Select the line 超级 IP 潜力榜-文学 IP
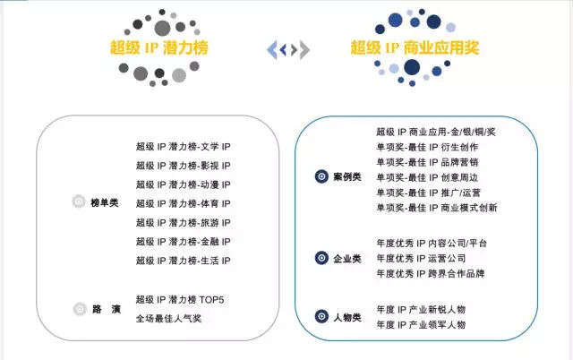[x=183, y=146]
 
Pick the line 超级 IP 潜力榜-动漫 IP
[x=183, y=184]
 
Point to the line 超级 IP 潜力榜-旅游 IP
[x=183, y=222]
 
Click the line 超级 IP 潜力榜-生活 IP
[x=183, y=261]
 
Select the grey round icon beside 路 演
[x=79, y=309]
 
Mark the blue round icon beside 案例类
[x=320, y=176]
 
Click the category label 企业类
[x=347, y=258]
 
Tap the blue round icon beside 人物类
[x=320, y=317]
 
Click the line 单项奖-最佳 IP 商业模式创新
[x=437, y=208]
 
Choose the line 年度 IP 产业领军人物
[x=421, y=324]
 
